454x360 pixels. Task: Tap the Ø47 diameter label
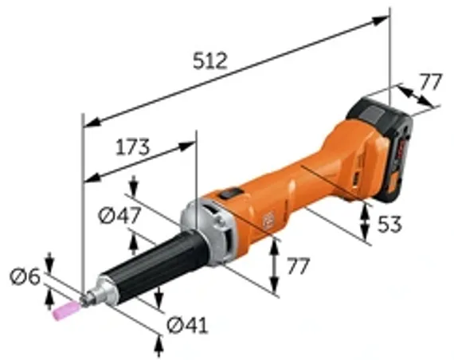point(116,214)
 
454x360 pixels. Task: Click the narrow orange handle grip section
point(319,175)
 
